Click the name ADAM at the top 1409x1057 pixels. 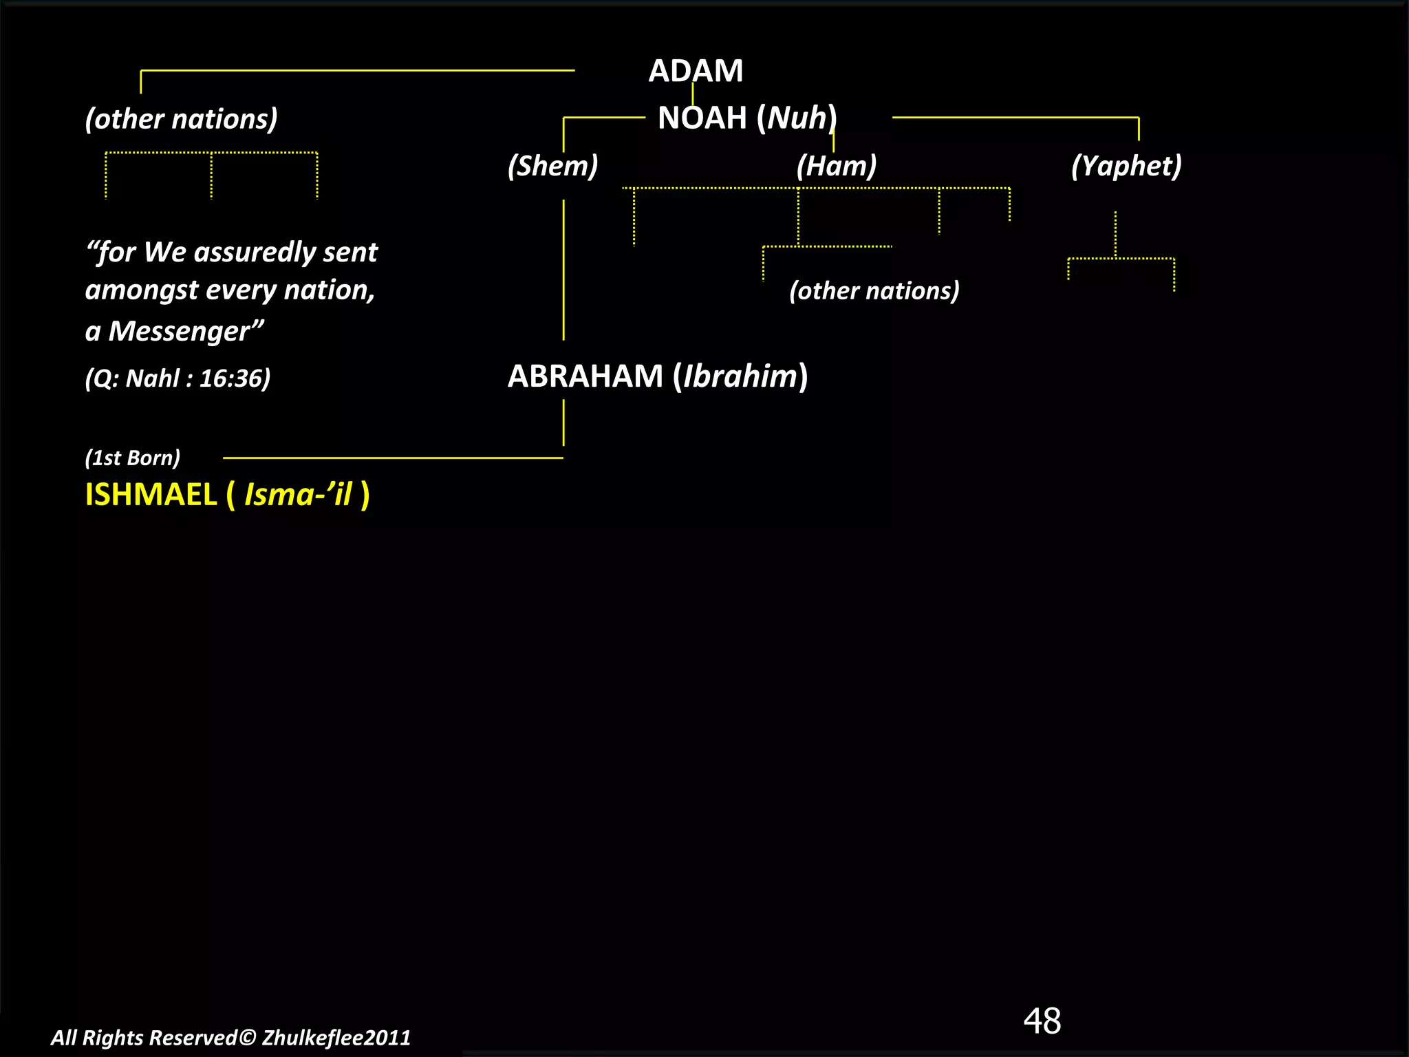[696, 71]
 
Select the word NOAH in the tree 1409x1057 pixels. [702, 118]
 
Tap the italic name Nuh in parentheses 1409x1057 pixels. [797, 118]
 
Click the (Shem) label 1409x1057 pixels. [552, 166]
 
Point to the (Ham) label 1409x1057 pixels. [837, 166]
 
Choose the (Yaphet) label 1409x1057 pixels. [1126, 166]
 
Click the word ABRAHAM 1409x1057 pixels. [585, 376]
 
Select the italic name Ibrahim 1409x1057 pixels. [740, 376]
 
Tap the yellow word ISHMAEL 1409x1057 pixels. [151, 495]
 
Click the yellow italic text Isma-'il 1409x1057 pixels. [298, 495]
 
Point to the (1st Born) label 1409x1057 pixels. [133, 458]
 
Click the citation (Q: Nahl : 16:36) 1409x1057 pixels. [178, 378]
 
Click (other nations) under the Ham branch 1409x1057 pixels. [874, 291]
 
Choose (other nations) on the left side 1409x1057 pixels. [181, 119]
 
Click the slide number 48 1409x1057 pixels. [1042, 1021]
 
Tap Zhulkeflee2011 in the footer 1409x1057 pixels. [336, 1038]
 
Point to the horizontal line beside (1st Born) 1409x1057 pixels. [392, 458]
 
